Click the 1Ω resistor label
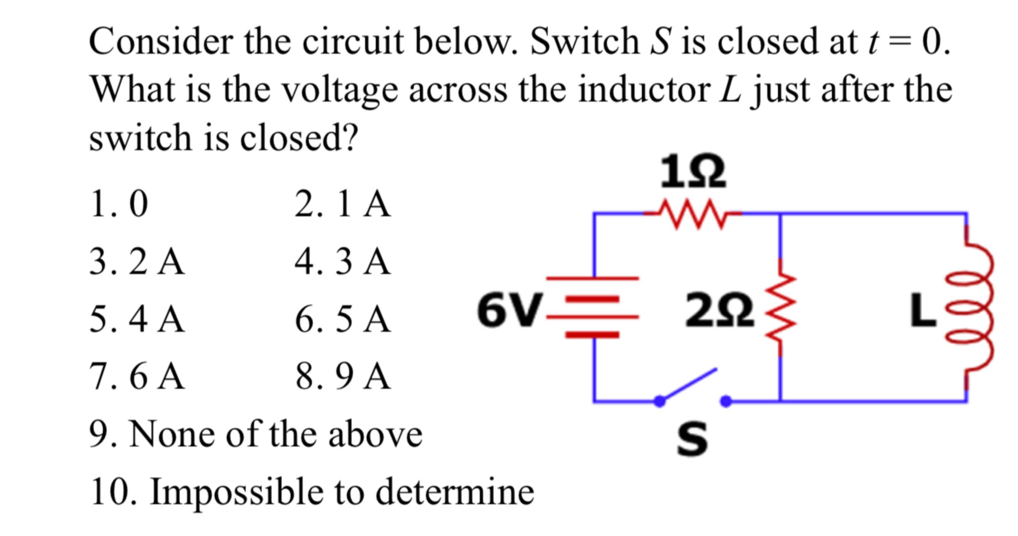coord(693,172)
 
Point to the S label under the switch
coord(692,438)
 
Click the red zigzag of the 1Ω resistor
coord(693,215)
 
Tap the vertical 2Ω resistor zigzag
coord(780,308)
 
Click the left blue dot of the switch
coord(660,401)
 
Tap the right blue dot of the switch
coord(726,401)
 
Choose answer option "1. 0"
coord(119,204)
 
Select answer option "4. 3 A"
coord(342,261)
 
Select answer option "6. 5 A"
coord(342,319)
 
